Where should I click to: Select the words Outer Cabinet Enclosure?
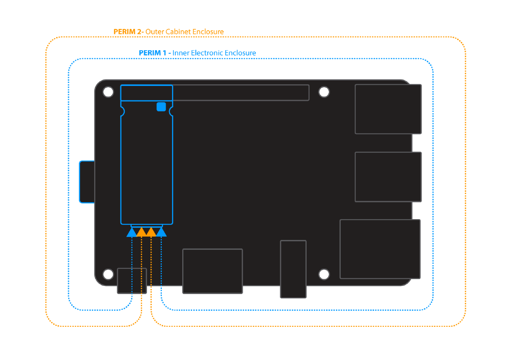coord(185,32)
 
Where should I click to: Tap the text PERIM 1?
coord(153,53)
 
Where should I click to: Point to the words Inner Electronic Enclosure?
coord(214,53)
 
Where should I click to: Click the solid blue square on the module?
coord(161,107)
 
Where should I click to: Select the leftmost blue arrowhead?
coord(132,232)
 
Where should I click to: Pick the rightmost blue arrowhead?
coord(161,232)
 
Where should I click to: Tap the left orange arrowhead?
coord(141,232)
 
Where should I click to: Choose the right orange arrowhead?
coord(151,232)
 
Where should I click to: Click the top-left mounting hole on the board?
coord(108,92)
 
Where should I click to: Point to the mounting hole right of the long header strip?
coord(324,92)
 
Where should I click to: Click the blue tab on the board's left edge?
coord(87,182)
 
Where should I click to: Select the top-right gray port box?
coord(388,109)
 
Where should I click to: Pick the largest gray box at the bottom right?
coord(380,249)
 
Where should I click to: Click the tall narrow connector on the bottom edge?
coord(293,269)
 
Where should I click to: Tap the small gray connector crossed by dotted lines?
coord(132,280)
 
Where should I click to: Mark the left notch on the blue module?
coord(122,111)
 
